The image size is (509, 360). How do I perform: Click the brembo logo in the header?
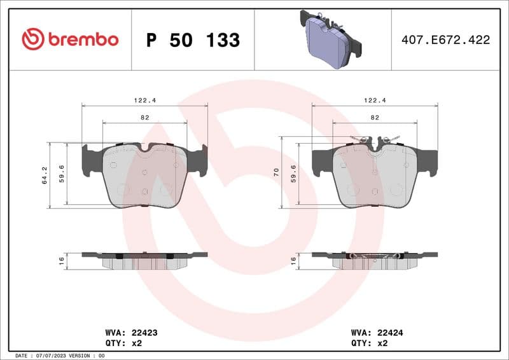pos(70,39)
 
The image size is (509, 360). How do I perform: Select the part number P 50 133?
pos(193,40)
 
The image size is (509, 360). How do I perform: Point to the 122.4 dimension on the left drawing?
pos(145,100)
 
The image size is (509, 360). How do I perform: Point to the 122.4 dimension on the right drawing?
pos(375,100)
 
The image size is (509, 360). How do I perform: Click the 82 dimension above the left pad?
pos(145,118)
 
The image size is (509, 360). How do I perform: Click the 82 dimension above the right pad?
pos(375,118)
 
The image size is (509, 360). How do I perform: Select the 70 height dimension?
pos(276,172)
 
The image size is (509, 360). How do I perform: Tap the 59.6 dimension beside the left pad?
pos(62,174)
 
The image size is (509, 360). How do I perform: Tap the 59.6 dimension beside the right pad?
pos(293,174)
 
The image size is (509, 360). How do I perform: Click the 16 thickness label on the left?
pos(62,260)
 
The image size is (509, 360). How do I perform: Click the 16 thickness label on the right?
pos(293,260)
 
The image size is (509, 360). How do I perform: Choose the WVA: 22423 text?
pos(122,333)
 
